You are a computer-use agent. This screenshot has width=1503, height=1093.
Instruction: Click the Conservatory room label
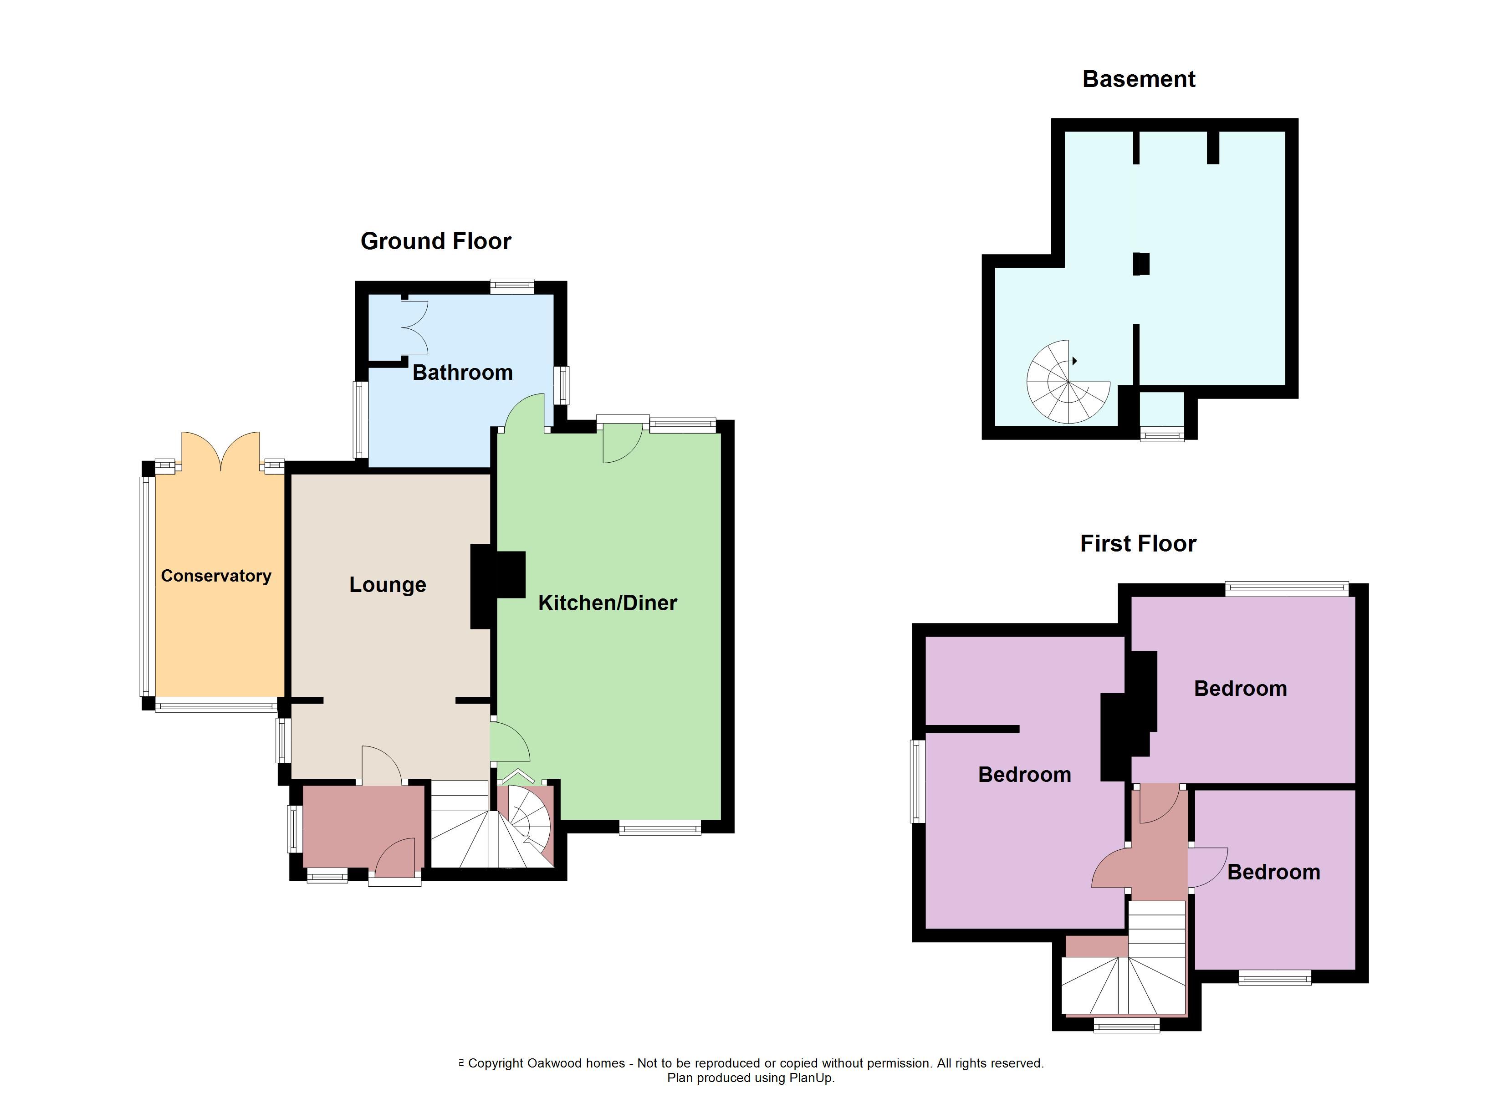[216, 576]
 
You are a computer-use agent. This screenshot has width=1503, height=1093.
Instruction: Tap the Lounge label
[388, 585]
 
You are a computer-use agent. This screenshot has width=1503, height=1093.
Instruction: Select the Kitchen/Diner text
[608, 603]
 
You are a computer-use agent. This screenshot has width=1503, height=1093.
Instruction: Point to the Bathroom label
[463, 373]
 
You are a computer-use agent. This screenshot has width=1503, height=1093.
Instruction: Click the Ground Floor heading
[435, 241]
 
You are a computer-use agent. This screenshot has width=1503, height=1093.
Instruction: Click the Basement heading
[1139, 79]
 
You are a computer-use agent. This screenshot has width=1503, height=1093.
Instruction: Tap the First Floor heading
[1138, 543]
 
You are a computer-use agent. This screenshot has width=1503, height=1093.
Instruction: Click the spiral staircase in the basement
[1068, 383]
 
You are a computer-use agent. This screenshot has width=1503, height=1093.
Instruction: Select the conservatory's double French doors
[221, 451]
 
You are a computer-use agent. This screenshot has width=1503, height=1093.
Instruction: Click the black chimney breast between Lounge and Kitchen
[497, 587]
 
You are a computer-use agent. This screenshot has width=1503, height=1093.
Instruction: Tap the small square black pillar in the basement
[1140, 264]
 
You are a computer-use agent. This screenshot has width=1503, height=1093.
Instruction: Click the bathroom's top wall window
[512, 286]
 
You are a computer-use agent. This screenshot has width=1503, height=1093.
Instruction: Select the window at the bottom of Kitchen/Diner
[660, 827]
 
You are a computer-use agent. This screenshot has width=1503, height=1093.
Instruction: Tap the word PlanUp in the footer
[811, 1078]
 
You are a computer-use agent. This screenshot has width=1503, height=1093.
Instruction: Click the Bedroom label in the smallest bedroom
[1274, 872]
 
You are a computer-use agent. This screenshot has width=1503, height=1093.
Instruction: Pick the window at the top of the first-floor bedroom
[1287, 588]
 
